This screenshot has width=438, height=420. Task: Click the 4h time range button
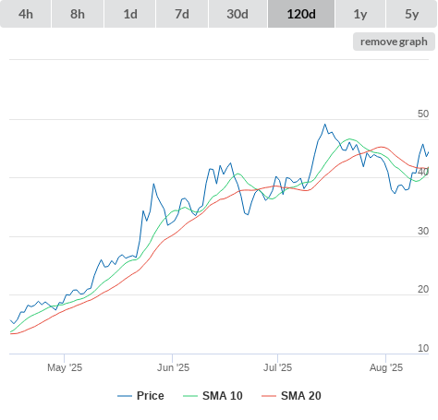click(x=26, y=14)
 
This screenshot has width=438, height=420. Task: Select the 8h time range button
click(x=78, y=14)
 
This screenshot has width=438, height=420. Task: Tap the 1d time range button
click(x=130, y=14)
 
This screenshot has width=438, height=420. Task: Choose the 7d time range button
click(x=182, y=14)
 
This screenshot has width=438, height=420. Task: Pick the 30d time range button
click(x=237, y=14)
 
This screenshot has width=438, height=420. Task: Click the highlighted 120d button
click(x=301, y=14)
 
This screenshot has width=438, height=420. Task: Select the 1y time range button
click(x=360, y=14)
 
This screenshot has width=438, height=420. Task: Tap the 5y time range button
click(x=411, y=14)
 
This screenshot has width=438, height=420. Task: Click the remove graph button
click(x=394, y=42)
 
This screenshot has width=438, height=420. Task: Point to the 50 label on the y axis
click(x=423, y=114)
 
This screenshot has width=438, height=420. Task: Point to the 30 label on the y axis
click(x=423, y=231)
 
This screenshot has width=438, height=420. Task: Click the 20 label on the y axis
click(x=423, y=289)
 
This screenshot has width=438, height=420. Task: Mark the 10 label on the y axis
click(x=423, y=348)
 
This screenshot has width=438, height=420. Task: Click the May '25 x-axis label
click(x=65, y=367)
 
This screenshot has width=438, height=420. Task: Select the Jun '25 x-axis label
click(x=173, y=367)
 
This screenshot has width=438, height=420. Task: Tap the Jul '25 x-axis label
click(x=277, y=367)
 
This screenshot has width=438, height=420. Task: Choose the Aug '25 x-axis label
click(x=386, y=367)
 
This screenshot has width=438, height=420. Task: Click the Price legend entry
click(x=140, y=396)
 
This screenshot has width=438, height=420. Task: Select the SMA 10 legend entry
click(x=213, y=396)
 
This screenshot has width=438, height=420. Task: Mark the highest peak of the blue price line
click(x=324, y=125)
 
